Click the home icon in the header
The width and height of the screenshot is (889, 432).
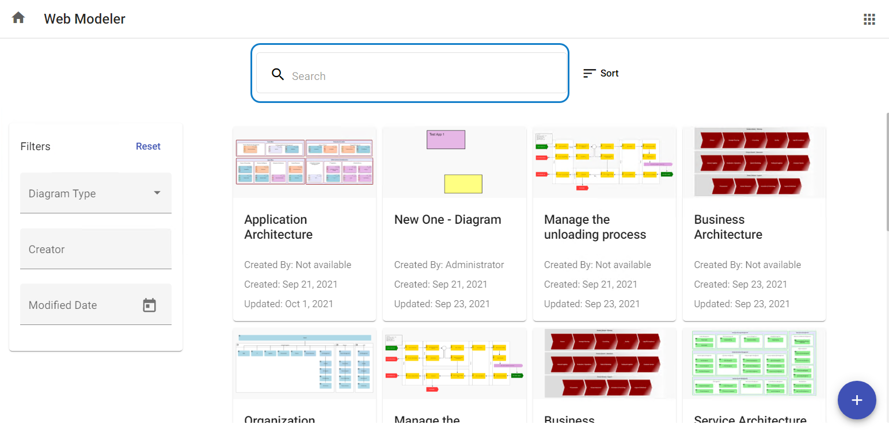18,18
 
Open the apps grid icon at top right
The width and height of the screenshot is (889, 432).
869,19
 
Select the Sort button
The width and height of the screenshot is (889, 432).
601,73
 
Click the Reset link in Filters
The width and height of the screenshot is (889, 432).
148,146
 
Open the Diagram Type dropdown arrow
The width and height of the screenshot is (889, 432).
157,193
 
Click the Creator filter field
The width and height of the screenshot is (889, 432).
96,249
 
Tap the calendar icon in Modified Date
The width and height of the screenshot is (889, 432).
150,305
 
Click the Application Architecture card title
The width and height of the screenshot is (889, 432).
278,227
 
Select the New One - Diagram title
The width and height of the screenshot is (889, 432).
447,219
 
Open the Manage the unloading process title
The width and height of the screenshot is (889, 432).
595,227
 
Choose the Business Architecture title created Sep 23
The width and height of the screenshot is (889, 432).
728,227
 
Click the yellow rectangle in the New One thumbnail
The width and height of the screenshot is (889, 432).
463,184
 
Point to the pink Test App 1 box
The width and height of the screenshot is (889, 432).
446,140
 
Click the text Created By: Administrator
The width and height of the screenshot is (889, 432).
449,265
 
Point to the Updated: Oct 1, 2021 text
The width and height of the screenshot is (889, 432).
288,304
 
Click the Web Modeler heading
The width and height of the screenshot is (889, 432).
85,19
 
